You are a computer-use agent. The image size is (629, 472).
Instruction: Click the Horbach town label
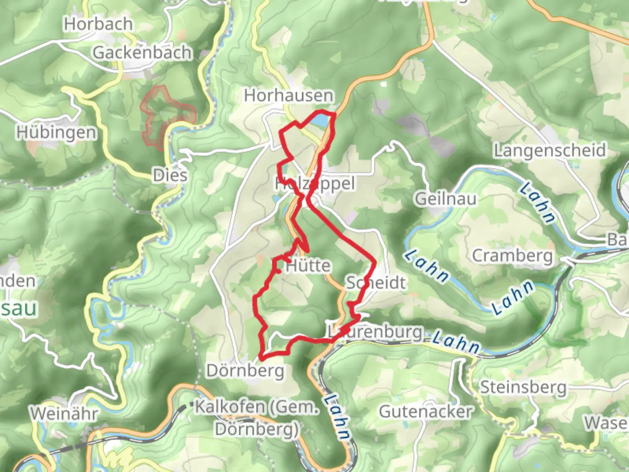pyautogui.click(x=98, y=24)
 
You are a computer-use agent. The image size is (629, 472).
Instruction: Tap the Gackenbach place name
pyautogui.click(x=142, y=53)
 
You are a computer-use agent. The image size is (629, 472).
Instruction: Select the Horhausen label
pyautogui.click(x=289, y=95)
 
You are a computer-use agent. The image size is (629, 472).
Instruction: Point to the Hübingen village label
pyautogui.click(x=56, y=132)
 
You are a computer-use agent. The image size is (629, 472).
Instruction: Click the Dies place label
pyautogui.click(x=170, y=175)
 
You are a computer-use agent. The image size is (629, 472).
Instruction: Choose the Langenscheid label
pyautogui.click(x=550, y=150)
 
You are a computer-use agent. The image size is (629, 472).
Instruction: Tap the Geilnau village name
pyautogui.click(x=445, y=199)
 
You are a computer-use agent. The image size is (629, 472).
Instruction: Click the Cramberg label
pyautogui.click(x=512, y=255)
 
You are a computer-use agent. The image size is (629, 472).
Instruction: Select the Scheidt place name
pyautogui.click(x=376, y=283)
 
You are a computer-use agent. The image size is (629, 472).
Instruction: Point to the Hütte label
pyautogui.click(x=308, y=266)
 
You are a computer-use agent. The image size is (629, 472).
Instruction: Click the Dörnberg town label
pyautogui.click(x=245, y=371)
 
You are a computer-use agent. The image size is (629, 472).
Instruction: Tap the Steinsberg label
pyautogui.click(x=523, y=387)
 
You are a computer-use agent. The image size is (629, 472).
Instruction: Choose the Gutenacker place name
pyautogui.click(x=426, y=412)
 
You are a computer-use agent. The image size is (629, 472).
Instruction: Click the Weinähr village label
pyautogui.click(x=64, y=413)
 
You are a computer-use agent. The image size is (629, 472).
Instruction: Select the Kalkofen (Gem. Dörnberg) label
pyautogui.click(x=257, y=418)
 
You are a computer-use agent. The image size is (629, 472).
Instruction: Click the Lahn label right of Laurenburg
pyautogui.click(x=456, y=342)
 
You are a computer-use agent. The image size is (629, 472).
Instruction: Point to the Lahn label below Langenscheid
pyautogui.click(x=537, y=203)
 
